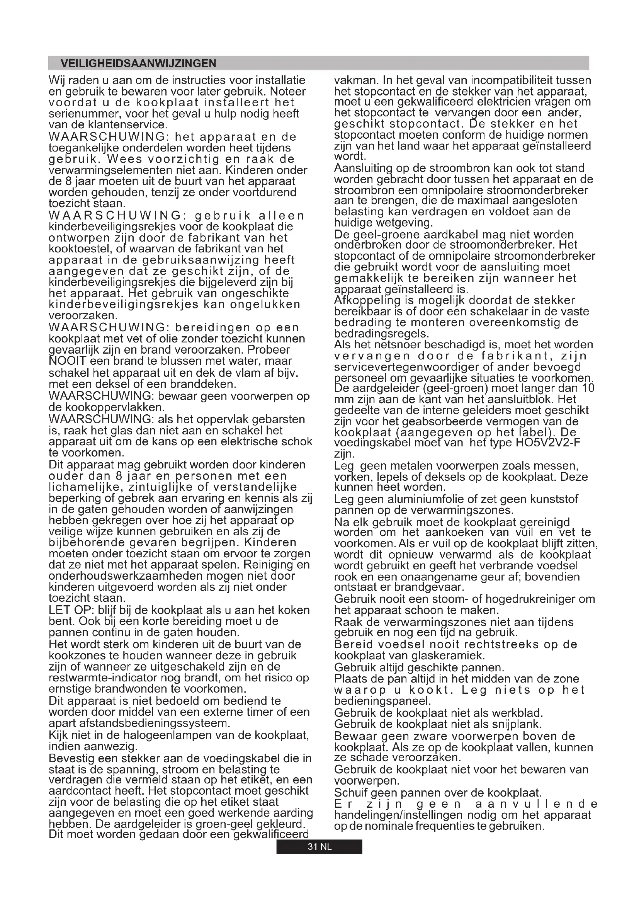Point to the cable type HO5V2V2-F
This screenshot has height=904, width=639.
tap(548, 443)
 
